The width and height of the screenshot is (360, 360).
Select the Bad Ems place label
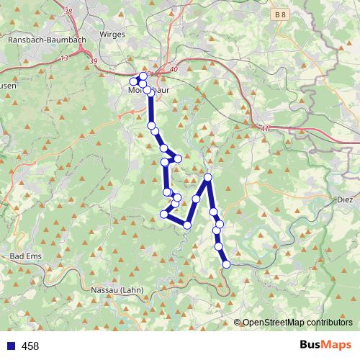click(x=26, y=256)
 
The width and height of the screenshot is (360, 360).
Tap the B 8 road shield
click(x=280, y=14)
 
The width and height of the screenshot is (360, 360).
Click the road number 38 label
click(x=68, y=12)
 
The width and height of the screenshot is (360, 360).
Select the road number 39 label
click(x=94, y=63)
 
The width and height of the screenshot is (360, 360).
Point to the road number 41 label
click(x=266, y=128)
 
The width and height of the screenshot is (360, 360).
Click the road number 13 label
click(x=65, y=58)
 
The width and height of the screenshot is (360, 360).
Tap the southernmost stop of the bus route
click(x=226, y=264)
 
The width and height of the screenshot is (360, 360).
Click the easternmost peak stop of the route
click(x=208, y=177)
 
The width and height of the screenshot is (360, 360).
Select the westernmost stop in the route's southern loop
click(x=164, y=214)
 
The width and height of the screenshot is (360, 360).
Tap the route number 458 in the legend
click(x=30, y=346)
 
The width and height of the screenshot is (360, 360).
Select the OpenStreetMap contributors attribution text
click(x=297, y=323)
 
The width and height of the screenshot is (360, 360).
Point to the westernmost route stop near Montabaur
click(x=134, y=81)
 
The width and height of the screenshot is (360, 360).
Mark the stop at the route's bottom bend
click(x=187, y=225)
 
